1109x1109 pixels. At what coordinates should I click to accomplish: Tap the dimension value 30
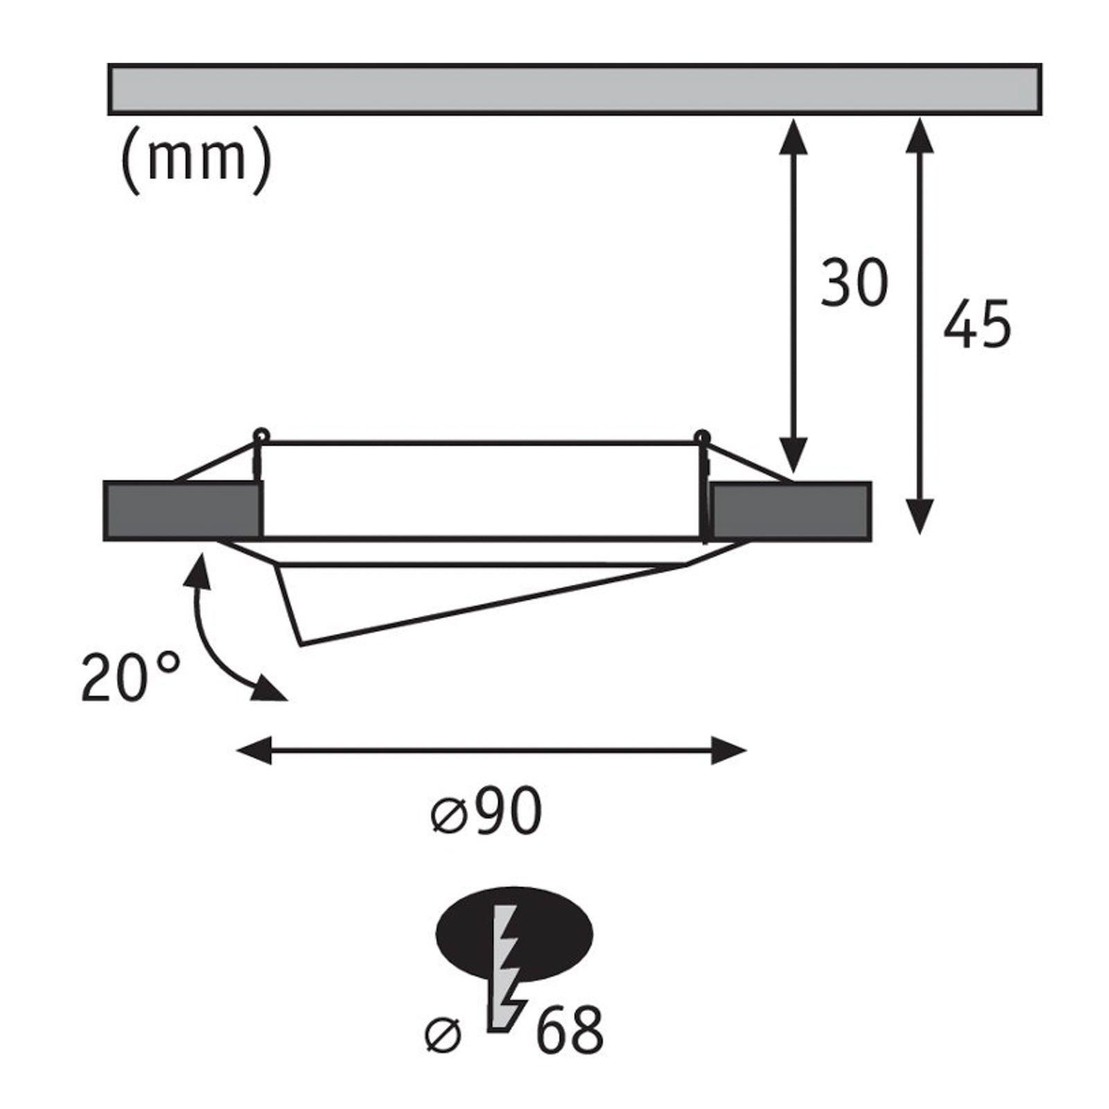[x=854, y=283]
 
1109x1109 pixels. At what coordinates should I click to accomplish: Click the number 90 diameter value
[x=509, y=812]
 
